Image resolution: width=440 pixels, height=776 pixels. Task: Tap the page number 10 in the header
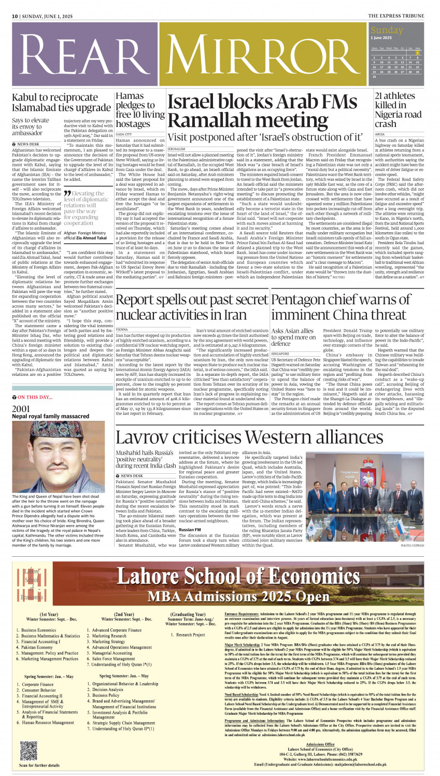(15, 17)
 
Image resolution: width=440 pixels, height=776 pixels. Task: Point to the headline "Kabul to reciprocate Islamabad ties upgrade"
(61, 103)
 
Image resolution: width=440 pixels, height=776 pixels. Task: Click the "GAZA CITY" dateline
(124, 134)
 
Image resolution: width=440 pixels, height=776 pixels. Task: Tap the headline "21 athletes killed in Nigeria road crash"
(398, 109)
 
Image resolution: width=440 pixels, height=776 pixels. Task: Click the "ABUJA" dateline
(380, 134)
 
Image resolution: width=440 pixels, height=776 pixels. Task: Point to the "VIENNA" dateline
(122, 329)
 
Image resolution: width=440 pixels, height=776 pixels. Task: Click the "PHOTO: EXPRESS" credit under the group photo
(413, 546)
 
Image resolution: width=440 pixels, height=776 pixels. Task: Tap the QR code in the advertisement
(29, 750)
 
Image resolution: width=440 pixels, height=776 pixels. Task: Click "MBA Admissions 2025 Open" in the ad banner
(238, 597)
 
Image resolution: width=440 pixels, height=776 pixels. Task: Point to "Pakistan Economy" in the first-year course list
(37, 647)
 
